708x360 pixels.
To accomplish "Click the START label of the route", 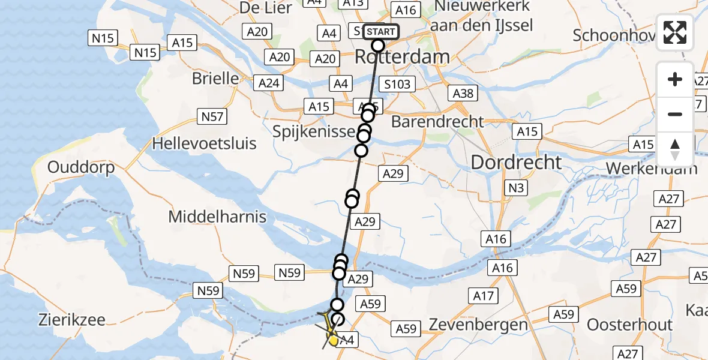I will click(x=380, y=31).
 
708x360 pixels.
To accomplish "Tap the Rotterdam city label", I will click(x=402, y=57).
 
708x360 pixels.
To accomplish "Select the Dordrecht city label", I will click(x=516, y=162).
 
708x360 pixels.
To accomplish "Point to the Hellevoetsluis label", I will click(x=205, y=144).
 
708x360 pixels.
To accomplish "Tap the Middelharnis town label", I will click(x=217, y=217).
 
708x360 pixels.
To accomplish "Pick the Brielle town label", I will click(x=215, y=79).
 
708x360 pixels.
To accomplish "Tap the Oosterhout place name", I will click(x=629, y=325).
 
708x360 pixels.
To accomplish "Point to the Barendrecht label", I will click(x=437, y=121).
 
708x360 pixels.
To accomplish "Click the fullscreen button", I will click(x=675, y=32).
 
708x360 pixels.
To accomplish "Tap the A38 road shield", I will click(x=463, y=92).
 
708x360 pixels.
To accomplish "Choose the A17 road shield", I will click(x=484, y=295).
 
